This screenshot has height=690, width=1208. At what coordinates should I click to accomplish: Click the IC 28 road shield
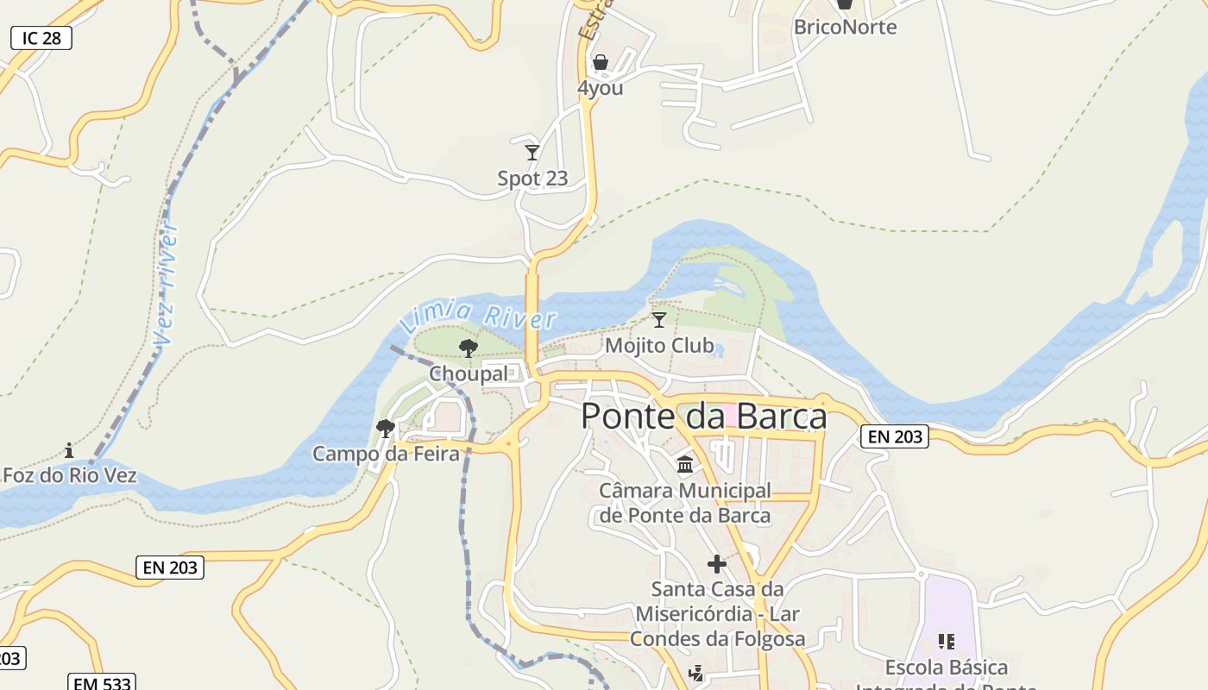point(41,38)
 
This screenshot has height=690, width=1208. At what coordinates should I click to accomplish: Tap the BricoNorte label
point(845,27)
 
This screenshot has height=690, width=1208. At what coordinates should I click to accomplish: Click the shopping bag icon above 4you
point(600,62)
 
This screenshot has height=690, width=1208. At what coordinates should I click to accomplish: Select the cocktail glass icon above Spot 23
point(532,153)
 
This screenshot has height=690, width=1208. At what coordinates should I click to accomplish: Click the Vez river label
point(167,284)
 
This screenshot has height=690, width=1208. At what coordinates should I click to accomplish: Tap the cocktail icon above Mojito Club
point(659,320)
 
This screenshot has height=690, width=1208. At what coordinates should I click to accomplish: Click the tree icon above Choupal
point(469,348)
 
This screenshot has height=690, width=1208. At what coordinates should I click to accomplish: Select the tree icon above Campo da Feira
point(386,428)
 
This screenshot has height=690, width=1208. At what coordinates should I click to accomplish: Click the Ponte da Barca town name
point(703,417)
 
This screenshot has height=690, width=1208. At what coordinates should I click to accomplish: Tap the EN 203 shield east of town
point(895,436)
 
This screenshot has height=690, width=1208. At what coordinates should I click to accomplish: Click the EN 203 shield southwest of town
point(170,568)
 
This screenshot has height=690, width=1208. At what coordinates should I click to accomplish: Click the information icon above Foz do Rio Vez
point(69,450)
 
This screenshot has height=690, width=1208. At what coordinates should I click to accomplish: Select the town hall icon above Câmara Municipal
point(685,465)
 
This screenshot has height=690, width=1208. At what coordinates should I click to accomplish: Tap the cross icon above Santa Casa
point(716,564)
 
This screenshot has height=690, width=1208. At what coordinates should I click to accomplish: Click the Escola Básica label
point(947,668)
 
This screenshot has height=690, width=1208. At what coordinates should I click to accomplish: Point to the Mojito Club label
point(659,346)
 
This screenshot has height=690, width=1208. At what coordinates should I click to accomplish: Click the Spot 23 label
point(532,179)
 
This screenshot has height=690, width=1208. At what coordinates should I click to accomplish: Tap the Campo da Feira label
point(386,454)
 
